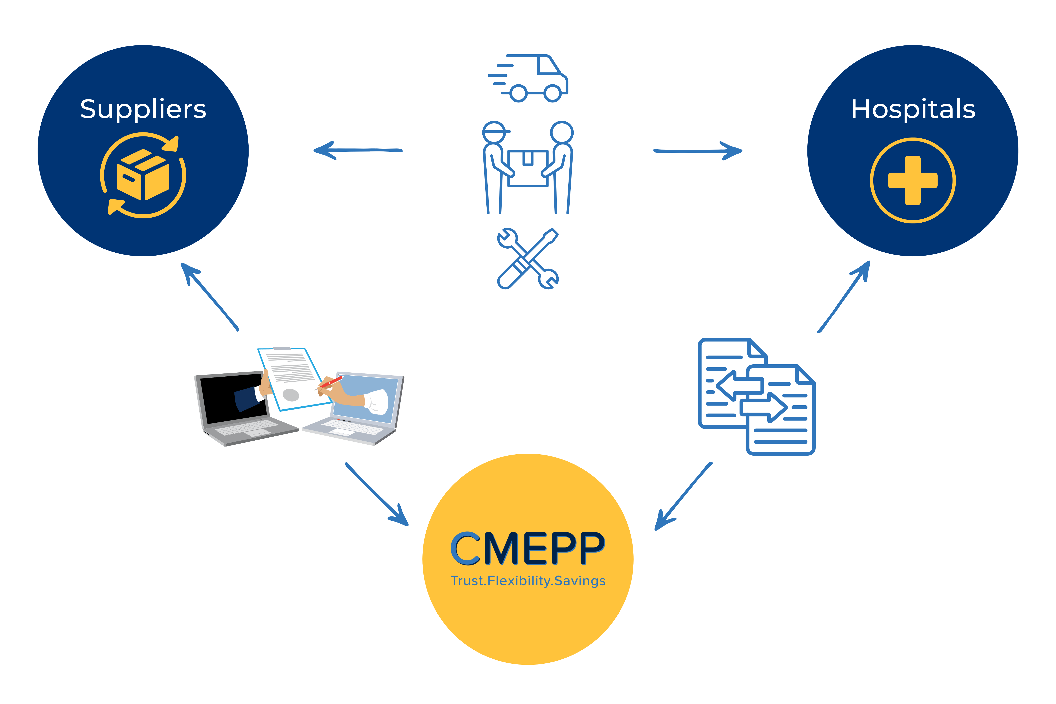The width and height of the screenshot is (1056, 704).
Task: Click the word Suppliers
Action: point(143,109)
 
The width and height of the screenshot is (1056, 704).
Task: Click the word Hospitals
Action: point(913,109)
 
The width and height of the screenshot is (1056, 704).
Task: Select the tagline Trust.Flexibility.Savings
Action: point(528,581)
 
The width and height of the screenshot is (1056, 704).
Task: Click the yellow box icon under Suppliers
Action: point(143,175)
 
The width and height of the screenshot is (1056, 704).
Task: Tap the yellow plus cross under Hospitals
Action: point(913,180)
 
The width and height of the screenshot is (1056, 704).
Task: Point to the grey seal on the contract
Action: point(290,395)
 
